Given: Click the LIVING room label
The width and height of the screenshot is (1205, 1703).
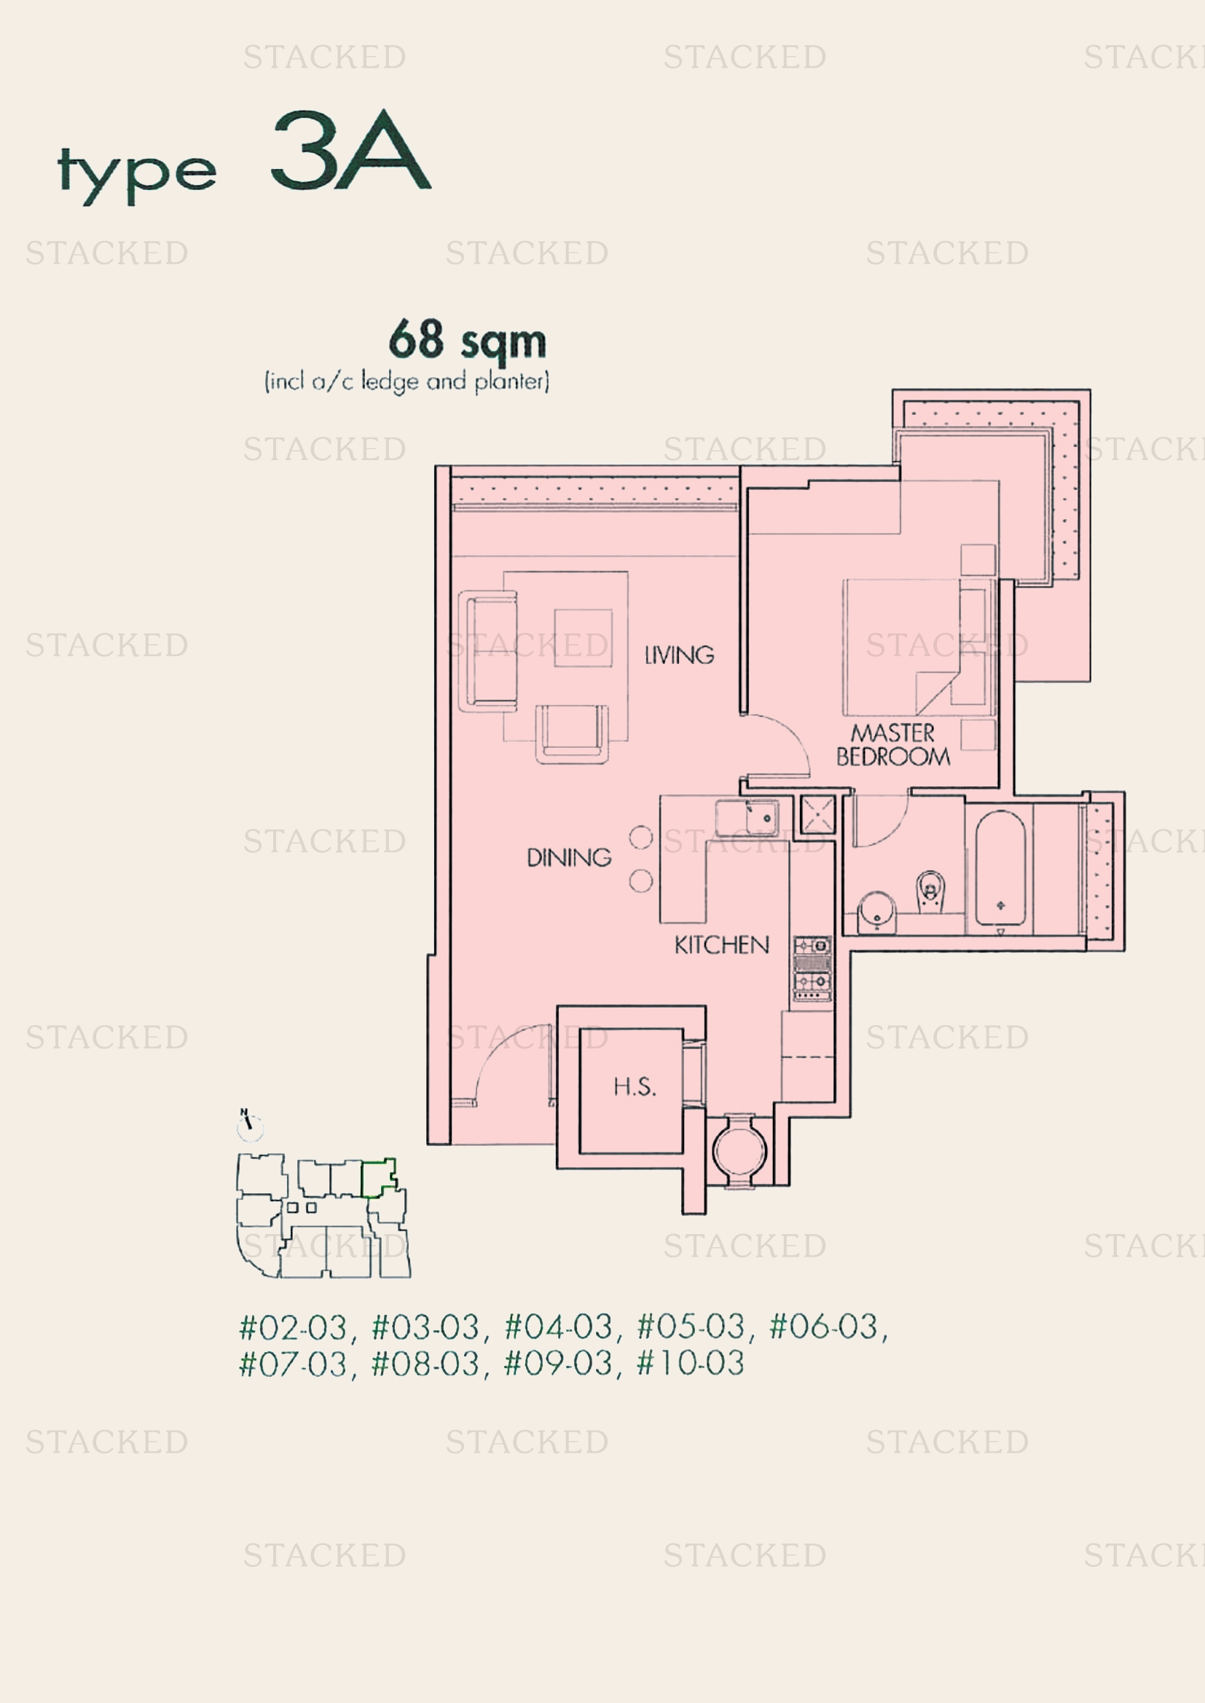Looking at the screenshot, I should [x=679, y=655].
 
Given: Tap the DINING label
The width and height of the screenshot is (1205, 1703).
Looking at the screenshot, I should [x=569, y=858].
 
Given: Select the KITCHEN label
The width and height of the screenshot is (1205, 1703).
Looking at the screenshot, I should [x=721, y=945].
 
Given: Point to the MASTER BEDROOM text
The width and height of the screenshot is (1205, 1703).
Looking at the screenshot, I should [x=892, y=745].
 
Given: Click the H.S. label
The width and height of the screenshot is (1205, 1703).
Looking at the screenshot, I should [x=635, y=1086].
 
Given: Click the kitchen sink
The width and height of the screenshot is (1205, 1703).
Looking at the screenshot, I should [x=747, y=818].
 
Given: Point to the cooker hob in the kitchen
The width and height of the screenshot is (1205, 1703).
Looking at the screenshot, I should [x=812, y=968].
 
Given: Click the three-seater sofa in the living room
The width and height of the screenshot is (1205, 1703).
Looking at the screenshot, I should [x=489, y=651].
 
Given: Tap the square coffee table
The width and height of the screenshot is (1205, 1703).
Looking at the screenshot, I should [x=584, y=638].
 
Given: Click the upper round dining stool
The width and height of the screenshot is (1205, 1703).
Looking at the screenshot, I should [x=640, y=837].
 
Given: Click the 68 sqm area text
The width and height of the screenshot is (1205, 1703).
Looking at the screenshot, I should [x=468, y=341].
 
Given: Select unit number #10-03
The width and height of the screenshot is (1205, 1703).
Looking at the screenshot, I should [x=690, y=1363].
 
